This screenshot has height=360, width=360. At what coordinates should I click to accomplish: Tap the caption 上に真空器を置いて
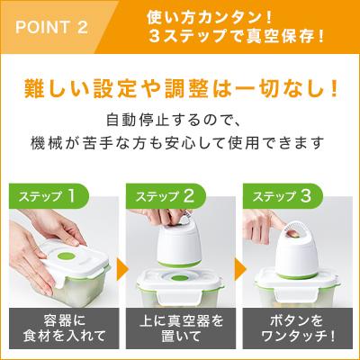(x=180, y=328)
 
